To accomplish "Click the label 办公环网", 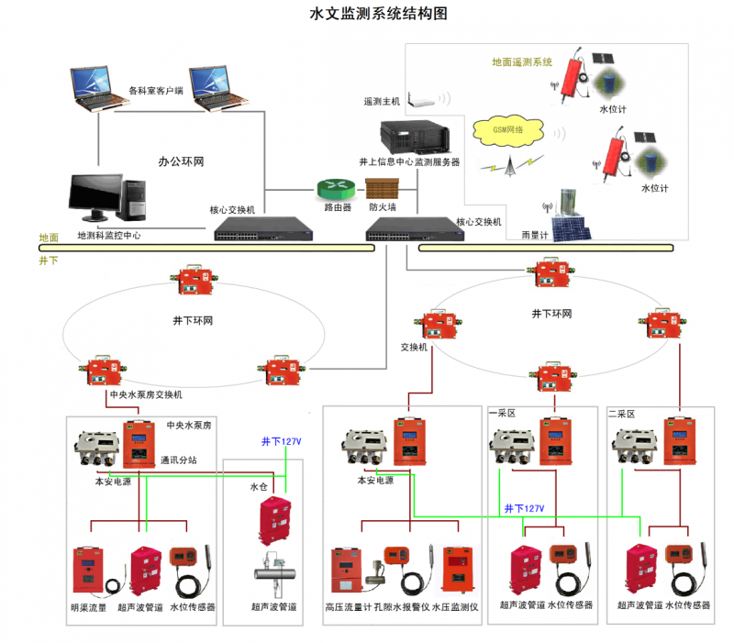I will [x=181, y=161].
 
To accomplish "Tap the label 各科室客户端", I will [x=156, y=91].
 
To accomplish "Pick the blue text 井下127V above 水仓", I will [x=281, y=442].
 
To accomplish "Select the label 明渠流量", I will [x=88, y=607].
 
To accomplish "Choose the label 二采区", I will [x=622, y=414].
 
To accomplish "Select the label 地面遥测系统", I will [x=522, y=62].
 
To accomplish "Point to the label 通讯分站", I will [x=177, y=460].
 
